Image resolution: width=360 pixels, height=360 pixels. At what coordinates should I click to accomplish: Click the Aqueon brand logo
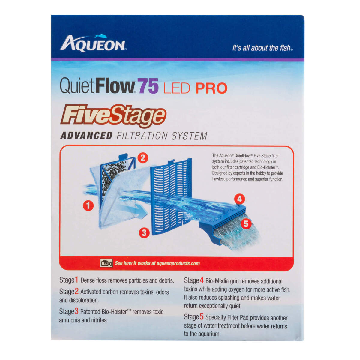click(93, 44)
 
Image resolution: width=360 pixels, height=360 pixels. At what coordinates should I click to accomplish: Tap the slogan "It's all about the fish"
click(262, 48)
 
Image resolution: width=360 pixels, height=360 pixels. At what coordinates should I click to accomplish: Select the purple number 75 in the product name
click(148, 86)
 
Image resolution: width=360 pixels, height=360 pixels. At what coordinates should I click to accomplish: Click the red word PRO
click(211, 88)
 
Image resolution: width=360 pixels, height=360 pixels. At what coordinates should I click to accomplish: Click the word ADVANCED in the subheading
click(86, 136)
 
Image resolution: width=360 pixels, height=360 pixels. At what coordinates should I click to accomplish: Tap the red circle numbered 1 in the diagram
click(88, 205)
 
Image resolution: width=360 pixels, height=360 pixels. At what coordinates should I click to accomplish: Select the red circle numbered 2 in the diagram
click(143, 157)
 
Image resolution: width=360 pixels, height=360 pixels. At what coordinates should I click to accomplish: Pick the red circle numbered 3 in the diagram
click(144, 232)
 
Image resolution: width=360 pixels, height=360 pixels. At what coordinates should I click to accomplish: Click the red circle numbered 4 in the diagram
click(239, 199)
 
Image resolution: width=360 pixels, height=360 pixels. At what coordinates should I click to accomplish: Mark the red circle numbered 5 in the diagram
click(246, 223)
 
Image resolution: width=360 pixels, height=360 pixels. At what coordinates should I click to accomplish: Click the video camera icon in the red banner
click(106, 263)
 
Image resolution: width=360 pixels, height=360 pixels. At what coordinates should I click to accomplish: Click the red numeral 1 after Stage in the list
click(76, 280)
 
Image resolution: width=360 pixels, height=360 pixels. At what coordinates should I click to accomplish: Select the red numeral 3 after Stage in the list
click(76, 311)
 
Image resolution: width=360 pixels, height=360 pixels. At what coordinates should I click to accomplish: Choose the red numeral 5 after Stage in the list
click(202, 317)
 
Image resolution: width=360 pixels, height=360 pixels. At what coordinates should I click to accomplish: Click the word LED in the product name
click(177, 88)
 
